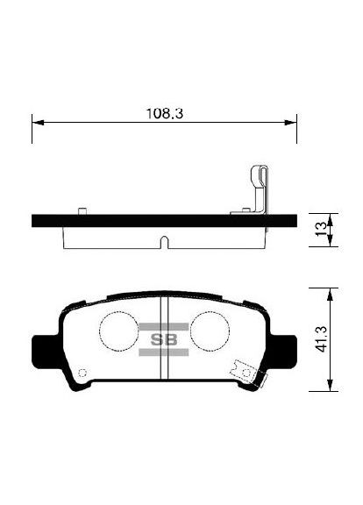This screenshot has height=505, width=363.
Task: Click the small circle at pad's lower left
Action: [82, 373]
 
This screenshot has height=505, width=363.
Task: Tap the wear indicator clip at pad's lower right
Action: [251, 374]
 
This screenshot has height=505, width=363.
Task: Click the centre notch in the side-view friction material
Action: [163, 240]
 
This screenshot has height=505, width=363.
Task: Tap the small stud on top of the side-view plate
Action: [82, 210]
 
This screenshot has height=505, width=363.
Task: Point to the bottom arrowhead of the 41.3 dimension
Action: [328, 387]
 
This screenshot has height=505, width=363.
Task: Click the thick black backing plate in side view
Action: [164, 221]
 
